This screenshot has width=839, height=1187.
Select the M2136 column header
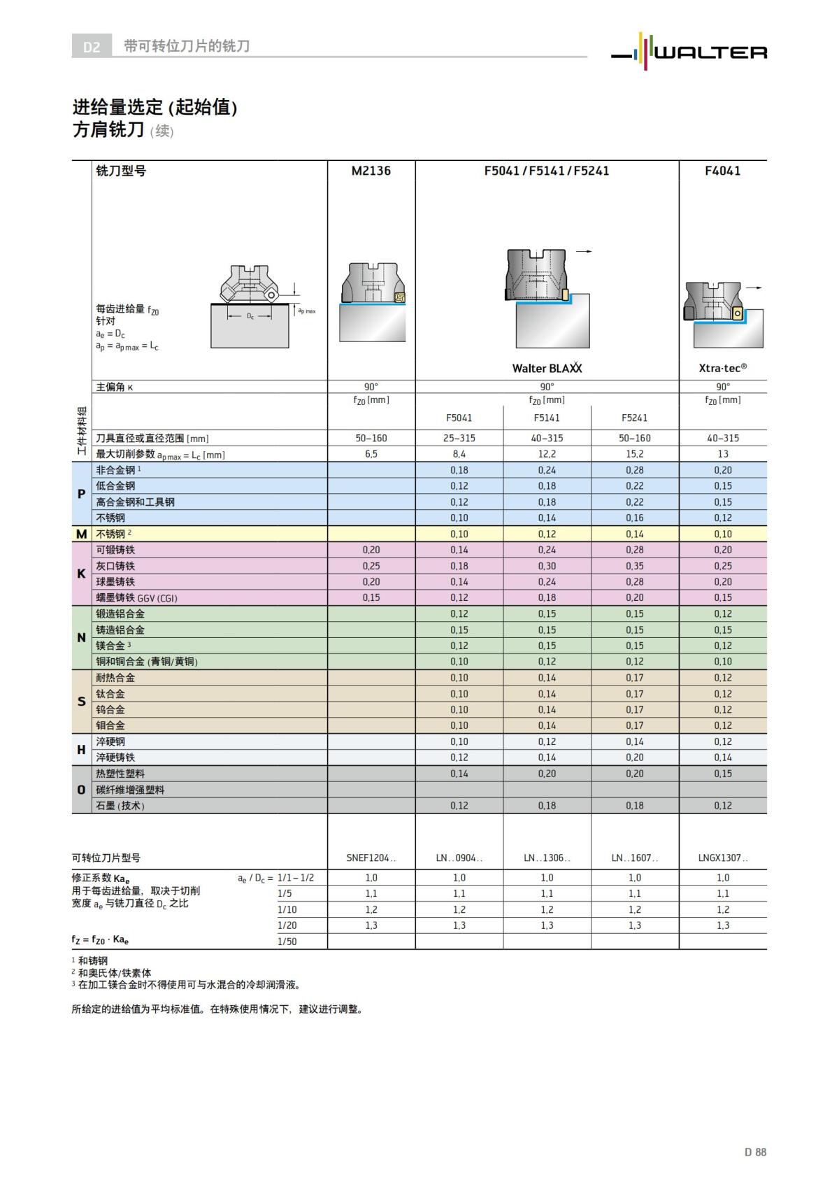(371, 171)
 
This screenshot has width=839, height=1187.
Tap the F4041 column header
(722, 171)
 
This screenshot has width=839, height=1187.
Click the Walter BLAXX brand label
(547, 368)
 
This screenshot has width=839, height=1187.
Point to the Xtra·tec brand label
(722, 367)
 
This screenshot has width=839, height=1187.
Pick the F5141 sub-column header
(547, 418)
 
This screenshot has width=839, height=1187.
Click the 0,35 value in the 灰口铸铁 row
(634, 566)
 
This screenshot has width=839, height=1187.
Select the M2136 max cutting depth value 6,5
(371, 454)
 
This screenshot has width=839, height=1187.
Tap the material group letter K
(81, 574)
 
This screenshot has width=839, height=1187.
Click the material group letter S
(81, 702)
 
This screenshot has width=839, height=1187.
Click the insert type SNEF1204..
(371, 858)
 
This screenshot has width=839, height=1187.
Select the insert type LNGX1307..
(722, 858)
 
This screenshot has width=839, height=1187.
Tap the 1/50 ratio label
(287, 941)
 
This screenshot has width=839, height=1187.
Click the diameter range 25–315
(459, 438)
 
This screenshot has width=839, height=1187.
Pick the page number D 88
(755, 1152)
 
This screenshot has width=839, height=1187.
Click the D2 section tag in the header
(92, 47)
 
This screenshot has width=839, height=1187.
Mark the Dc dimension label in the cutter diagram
(250, 316)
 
